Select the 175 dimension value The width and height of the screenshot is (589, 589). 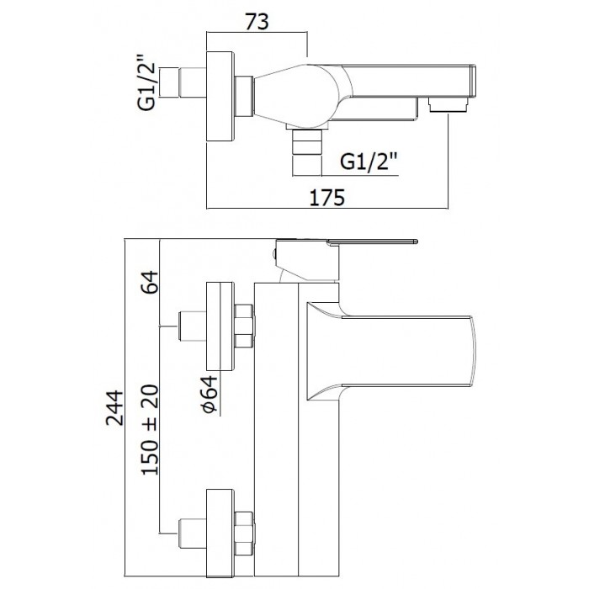[x=328, y=198]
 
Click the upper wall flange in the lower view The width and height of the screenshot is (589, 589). [x=220, y=326]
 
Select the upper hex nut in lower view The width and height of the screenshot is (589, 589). [x=244, y=326]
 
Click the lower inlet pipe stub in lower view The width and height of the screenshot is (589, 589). [x=192, y=530]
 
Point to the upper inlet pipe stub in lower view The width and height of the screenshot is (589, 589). [x=192, y=326]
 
